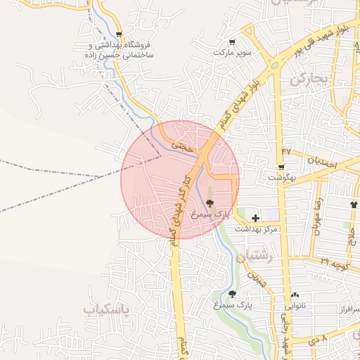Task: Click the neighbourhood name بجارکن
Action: [x=309, y=79]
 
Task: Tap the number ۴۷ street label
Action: [x=286, y=152]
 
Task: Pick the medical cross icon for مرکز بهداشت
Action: [x=255, y=219]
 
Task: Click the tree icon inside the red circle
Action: [x=210, y=202]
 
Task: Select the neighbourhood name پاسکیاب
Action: [x=106, y=309]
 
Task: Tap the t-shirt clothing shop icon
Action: [x=353, y=205]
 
